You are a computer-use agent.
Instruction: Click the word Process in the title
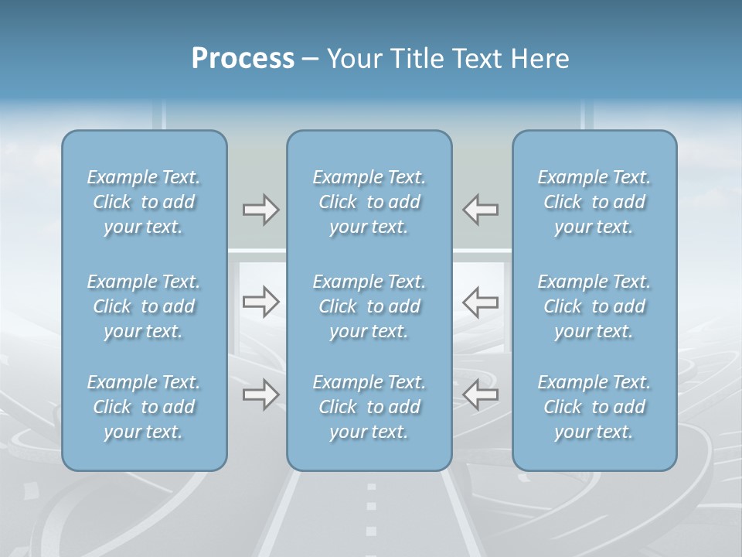pyautogui.click(x=243, y=59)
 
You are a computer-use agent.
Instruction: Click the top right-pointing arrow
pyautogui.click(x=260, y=210)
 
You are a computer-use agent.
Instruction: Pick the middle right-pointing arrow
pyautogui.click(x=260, y=302)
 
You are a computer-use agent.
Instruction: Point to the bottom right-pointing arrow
pyautogui.click(x=260, y=395)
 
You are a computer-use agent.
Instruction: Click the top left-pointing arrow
pyautogui.click(x=481, y=210)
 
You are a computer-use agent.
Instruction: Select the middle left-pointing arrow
pyautogui.click(x=481, y=302)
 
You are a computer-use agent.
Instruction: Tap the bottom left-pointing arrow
pyautogui.click(x=481, y=395)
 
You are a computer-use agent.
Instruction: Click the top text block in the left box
pyautogui.click(x=144, y=202)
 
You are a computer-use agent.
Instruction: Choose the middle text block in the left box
pyautogui.click(x=144, y=306)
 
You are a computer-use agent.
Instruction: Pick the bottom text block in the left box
pyautogui.click(x=144, y=407)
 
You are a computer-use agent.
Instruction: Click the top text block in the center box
pyautogui.click(x=369, y=202)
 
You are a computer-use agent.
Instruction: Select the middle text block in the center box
pyautogui.click(x=369, y=306)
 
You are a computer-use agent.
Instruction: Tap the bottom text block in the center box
pyautogui.click(x=369, y=407)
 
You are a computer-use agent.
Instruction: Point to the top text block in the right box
pyautogui.click(x=594, y=202)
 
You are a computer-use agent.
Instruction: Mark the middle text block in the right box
pyautogui.click(x=594, y=306)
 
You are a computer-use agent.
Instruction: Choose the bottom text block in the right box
pyautogui.click(x=594, y=407)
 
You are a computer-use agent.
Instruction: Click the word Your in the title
pyautogui.click(x=352, y=59)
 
